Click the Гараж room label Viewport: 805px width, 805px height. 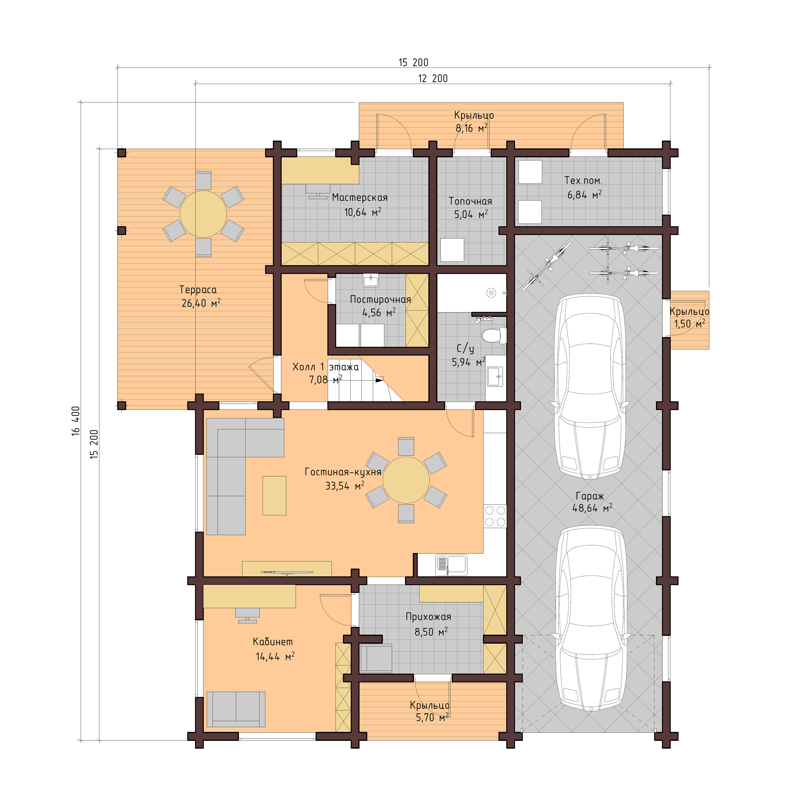[590, 496]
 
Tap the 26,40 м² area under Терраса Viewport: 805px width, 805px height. [201, 303]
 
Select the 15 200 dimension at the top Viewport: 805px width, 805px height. [413, 62]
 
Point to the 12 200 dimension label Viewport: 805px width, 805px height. [433, 78]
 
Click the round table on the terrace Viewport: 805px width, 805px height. [203, 214]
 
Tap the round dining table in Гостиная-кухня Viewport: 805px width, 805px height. [406, 480]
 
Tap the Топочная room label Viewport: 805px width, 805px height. [470, 201]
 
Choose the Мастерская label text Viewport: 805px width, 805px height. [360, 198]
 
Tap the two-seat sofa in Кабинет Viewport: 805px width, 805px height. [236, 709]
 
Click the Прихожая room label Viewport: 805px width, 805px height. [428, 617]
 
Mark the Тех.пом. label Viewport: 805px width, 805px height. [583, 181]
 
